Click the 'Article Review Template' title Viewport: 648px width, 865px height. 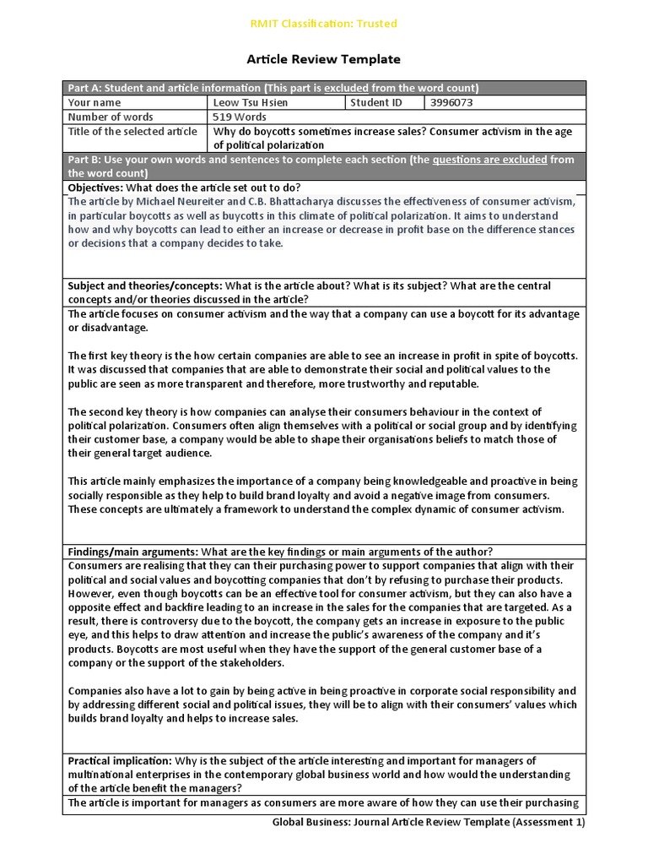click(x=323, y=59)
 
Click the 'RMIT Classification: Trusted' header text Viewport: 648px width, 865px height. click(x=323, y=24)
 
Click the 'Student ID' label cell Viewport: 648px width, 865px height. click(x=377, y=103)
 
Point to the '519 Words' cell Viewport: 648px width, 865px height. click(x=240, y=117)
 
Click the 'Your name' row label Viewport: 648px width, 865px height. click(x=94, y=103)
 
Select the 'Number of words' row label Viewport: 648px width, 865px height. click(x=111, y=117)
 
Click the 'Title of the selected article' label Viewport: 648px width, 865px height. click(x=132, y=132)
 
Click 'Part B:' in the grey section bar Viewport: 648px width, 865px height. click(x=84, y=160)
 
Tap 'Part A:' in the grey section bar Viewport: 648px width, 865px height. click(x=84, y=88)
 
